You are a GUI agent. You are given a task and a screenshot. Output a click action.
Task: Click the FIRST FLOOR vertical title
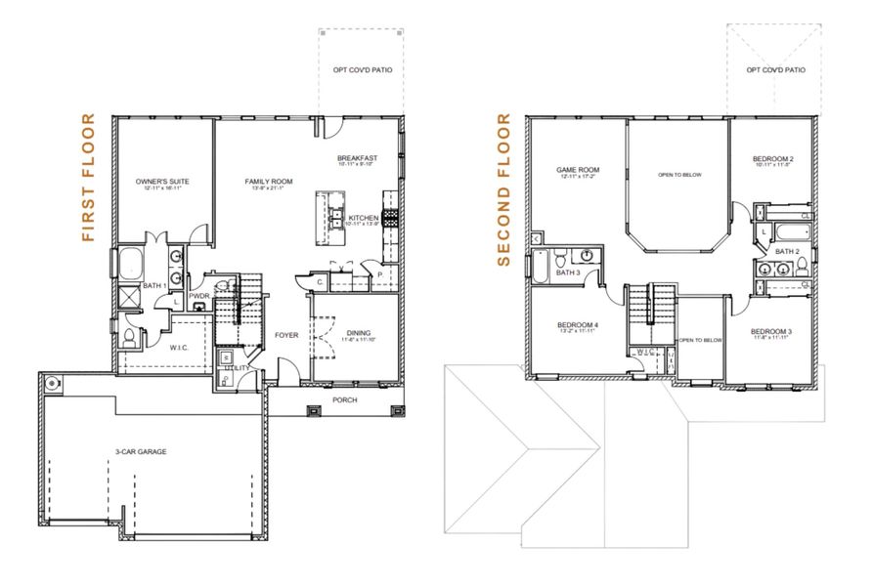(89, 178)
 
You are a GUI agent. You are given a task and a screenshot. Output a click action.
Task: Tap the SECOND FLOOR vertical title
(504, 190)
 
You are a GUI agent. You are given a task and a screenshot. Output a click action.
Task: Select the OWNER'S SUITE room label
(161, 182)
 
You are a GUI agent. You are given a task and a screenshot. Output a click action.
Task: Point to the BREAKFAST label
(358, 158)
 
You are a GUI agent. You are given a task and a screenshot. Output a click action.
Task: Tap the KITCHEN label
(363, 218)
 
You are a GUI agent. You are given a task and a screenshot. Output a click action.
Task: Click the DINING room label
(359, 333)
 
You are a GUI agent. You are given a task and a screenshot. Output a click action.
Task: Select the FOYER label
(285, 334)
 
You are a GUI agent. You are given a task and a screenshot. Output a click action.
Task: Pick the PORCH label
(344, 398)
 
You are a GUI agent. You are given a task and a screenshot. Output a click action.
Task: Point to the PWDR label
(200, 296)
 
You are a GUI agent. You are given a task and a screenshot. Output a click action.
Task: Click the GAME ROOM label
(577, 169)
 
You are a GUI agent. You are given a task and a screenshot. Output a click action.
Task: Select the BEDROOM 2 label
(771, 158)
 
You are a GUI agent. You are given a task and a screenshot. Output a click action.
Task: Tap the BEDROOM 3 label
(771, 332)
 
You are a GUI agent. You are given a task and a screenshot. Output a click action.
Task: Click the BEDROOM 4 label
(578, 324)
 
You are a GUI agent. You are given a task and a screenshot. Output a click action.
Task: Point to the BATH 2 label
(788, 251)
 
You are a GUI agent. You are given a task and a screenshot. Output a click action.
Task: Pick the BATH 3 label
(568, 272)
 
